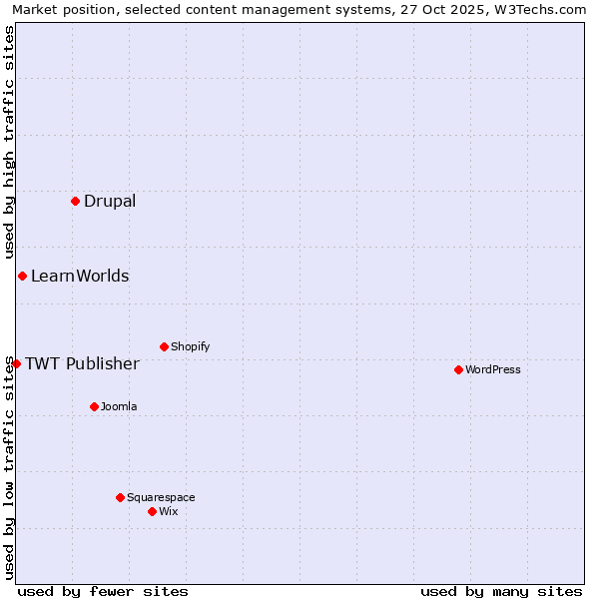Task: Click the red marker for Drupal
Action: [x=75, y=201]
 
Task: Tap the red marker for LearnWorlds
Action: [x=22, y=276]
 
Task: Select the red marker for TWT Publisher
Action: [x=16, y=363]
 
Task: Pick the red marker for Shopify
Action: [x=164, y=346]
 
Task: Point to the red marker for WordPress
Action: [x=458, y=369]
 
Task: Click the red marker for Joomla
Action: [x=94, y=406]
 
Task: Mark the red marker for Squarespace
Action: [x=120, y=497]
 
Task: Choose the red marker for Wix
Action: [x=152, y=511]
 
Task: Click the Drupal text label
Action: [x=110, y=201]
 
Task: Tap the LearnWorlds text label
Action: [x=80, y=276]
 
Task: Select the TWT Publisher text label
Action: [x=82, y=363]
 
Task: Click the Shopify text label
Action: [x=190, y=346]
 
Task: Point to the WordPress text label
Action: [x=493, y=369]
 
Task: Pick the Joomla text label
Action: [x=119, y=406]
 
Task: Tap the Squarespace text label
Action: [x=161, y=497]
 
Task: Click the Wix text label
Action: [x=169, y=511]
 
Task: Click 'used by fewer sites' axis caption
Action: [x=103, y=591]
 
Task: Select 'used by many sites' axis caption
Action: [x=501, y=591]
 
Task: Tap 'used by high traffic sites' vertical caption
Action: [x=9, y=140]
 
